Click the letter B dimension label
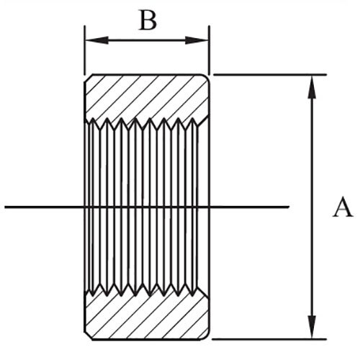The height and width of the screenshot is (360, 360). coord(148,21)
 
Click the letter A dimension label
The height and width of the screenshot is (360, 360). coord(343,207)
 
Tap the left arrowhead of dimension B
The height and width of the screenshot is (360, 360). coord(96,40)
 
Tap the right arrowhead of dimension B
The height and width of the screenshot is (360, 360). coord(197,40)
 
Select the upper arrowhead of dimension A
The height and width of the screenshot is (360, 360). coord(312,86)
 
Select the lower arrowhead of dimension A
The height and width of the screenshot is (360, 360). coord(312,327)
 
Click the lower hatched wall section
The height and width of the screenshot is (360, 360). coord(147,315)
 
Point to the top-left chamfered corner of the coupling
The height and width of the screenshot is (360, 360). coord(89,78)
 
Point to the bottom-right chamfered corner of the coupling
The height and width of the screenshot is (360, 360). coord(205,336)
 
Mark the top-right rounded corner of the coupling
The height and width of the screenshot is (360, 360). coord(207,77)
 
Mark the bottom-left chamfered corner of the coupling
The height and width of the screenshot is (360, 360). coord(89,336)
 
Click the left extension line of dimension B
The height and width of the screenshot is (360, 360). coord(84,50)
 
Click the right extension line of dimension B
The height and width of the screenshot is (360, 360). coord(210,50)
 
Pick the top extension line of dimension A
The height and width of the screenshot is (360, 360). coord(270,75)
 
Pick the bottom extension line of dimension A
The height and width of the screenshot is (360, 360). coord(269,339)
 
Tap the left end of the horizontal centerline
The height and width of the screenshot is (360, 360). coord(5,207)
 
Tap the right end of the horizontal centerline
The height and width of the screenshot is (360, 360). coord(289,207)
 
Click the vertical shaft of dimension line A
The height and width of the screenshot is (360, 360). coord(312,207)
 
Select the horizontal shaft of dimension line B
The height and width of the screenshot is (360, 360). coord(147,40)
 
